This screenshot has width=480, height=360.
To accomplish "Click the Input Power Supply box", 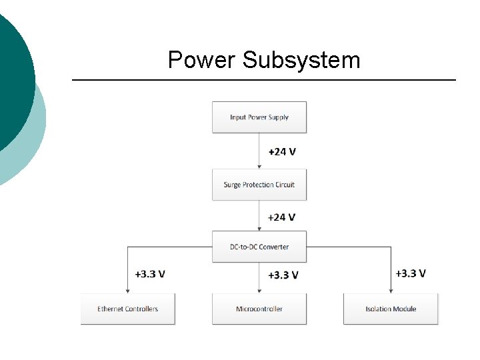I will pos(259,117).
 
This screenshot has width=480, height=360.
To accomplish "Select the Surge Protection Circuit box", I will pos(259,185).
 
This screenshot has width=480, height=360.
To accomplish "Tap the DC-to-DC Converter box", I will pos(259,247).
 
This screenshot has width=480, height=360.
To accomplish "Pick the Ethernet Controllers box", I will pos(127,309).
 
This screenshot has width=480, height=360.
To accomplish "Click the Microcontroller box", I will pos(259,309).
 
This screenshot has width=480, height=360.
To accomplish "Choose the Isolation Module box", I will pos(391,309).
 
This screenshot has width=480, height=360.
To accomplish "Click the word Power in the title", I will pos(202,60).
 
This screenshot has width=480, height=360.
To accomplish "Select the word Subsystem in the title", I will pos(301,60).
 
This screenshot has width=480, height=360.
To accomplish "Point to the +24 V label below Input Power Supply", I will pos(282,151).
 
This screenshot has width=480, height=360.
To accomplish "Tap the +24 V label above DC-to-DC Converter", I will pos(282,217).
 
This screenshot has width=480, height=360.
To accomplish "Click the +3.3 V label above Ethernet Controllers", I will pos(150,274).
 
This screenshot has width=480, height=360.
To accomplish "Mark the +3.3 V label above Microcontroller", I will pos(283,275).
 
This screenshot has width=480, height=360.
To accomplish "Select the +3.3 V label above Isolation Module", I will pos(411,273).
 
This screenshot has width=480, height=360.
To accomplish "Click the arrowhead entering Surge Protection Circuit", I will pos(259,166).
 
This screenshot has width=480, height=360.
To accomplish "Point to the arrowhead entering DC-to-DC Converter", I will pos(259,228).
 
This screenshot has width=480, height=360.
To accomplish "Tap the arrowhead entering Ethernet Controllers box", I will pos(127,290).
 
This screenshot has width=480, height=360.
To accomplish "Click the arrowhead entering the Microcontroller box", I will pos(259,290).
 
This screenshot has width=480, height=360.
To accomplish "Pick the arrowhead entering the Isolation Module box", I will pos(391,290).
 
